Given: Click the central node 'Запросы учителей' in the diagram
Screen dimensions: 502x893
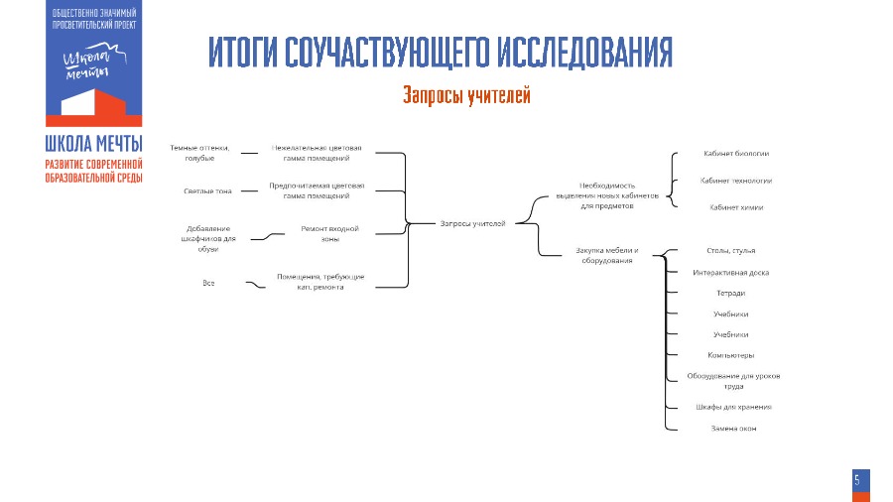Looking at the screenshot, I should click(x=472, y=223).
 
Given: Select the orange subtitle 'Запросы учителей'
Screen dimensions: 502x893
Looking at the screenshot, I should click(x=466, y=95).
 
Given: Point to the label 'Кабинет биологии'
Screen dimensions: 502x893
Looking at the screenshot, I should click(x=735, y=154).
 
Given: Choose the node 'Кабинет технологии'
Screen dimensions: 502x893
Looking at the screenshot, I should click(x=735, y=181).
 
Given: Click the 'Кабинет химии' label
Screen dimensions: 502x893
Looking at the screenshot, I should click(x=735, y=207).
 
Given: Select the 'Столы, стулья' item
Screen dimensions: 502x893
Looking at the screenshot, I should click(x=730, y=251).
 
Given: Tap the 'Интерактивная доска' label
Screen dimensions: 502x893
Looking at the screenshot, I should click(x=730, y=272).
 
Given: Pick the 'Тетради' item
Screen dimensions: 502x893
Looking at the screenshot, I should click(x=730, y=293).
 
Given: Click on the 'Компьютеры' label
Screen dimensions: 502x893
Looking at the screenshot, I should click(x=730, y=355).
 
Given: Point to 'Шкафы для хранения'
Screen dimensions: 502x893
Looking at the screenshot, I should click(x=732, y=407).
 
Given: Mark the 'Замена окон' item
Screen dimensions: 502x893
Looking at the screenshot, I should click(x=731, y=428).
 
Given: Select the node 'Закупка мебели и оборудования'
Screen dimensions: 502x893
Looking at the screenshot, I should click(x=606, y=255).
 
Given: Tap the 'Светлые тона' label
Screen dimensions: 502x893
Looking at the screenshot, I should click(x=207, y=190).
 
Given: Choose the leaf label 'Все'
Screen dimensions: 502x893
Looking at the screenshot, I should click(x=208, y=284).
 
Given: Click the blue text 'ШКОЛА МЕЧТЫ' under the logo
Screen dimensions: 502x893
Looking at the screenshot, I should click(x=93, y=143).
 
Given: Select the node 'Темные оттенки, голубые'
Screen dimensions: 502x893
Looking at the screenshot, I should click(x=199, y=154).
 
